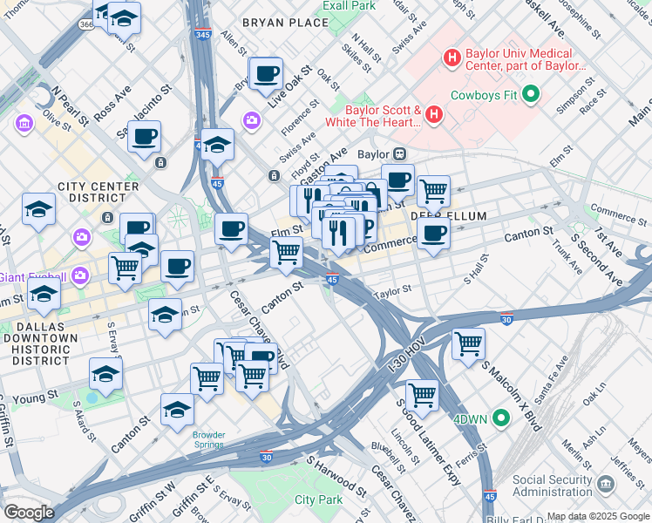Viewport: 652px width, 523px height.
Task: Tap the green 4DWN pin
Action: pyautogui.click(x=500, y=418)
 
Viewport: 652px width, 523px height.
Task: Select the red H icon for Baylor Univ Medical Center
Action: pyautogui.click(x=452, y=58)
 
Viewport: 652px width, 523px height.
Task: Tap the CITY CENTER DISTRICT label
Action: pyautogui.click(x=98, y=194)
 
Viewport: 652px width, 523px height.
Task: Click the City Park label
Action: pyautogui.click(x=318, y=499)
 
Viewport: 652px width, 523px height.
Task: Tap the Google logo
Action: pyautogui.click(x=28, y=513)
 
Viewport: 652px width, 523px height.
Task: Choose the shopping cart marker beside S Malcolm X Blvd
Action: pyautogui.click(x=468, y=343)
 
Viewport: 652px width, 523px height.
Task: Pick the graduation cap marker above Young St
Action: pyautogui.click(x=105, y=374)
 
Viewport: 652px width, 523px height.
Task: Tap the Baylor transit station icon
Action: pyautogui.click(x=400, y=154)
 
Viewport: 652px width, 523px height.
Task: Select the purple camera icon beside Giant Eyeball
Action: pyautogui.click(x=81, y=276)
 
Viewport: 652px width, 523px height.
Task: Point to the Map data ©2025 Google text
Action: pyautogui.click(x=598, y=516)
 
